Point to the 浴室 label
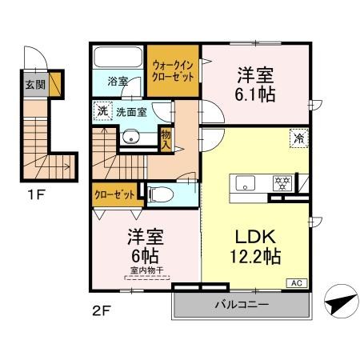point(119,82)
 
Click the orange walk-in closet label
point(172,67)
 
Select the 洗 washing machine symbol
point(102,112)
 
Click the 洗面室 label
point(130,113)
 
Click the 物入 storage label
point(166,142)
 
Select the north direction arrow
point(338,303)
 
